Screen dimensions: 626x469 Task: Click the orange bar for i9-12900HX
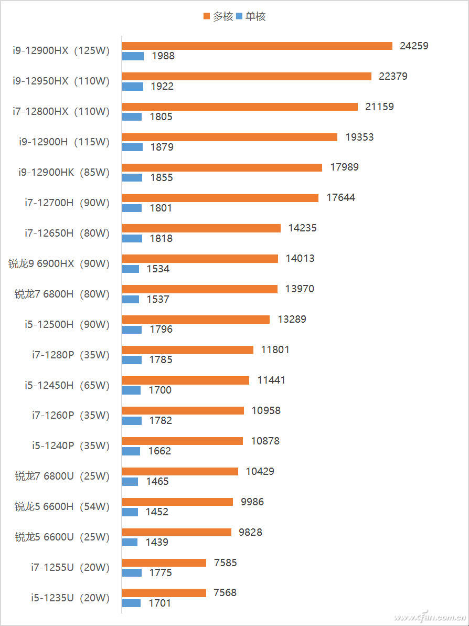pos(257,46)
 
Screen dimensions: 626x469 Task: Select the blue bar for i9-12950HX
pos(133,87)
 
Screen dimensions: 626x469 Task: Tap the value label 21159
pos(379,107)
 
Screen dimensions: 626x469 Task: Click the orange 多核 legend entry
pos(218,17)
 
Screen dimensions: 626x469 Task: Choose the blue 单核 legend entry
pos(251,17)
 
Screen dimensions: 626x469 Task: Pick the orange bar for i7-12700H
pos(220,198)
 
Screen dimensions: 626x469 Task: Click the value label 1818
pos(161,238)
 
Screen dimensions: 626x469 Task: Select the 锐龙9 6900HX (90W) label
pos(59,263)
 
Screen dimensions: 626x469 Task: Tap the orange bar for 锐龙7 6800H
pos(199,289)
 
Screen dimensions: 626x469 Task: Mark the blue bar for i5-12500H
pos(132,330)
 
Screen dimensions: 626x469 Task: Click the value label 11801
pos(275,349)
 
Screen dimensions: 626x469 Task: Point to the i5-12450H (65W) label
pos(67,385)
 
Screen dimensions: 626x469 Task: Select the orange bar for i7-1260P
pos(183,410)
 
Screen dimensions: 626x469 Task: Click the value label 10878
pos(265,441)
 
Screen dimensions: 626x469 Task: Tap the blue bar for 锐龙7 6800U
pos(130,482)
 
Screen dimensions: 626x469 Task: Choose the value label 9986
pos(252,502)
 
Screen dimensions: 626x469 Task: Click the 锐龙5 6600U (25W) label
pos(62,537)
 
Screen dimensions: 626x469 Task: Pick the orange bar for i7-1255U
pos(164,563)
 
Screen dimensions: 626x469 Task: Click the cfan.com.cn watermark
pos(430,616)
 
